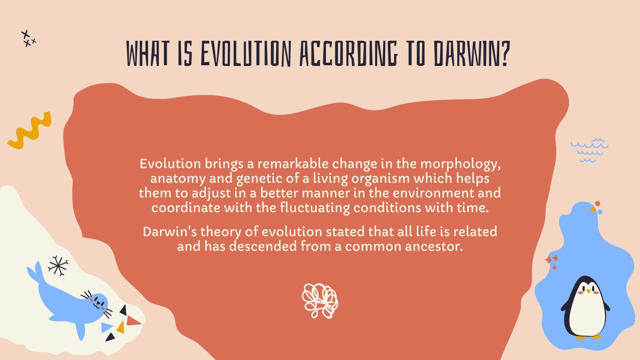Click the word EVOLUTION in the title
[x=245, y=54]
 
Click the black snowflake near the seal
[x=58, y=266]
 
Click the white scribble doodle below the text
[x=320, y=300]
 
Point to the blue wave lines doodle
[x=589, y=150]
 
